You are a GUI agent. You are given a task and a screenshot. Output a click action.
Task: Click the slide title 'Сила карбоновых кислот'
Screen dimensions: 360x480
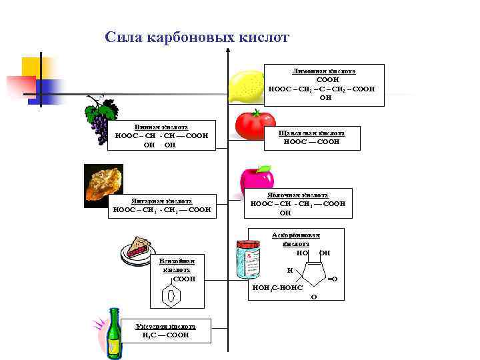[197, 37]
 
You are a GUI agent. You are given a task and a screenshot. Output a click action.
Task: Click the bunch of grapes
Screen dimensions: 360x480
[99, 119]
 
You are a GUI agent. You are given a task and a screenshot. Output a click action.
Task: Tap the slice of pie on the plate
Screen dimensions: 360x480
[138, 248]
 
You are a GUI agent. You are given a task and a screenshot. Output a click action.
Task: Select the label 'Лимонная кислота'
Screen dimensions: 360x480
[324, 70]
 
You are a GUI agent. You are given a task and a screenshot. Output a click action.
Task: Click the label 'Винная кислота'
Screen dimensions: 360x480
[161, 127]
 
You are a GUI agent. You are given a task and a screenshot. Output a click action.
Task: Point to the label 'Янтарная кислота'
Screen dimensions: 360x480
[161, 201]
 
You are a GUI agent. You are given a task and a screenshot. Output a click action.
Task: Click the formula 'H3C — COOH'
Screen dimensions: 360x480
[165, 335]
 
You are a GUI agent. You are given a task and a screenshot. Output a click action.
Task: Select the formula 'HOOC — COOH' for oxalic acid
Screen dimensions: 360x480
[311, 141]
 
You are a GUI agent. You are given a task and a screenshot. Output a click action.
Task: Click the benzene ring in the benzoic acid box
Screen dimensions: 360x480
[171, 295]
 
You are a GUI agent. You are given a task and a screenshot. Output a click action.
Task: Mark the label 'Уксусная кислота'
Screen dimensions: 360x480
[165, 327]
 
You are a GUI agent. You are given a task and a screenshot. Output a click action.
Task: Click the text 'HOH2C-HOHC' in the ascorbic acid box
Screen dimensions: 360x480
[277, 287]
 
